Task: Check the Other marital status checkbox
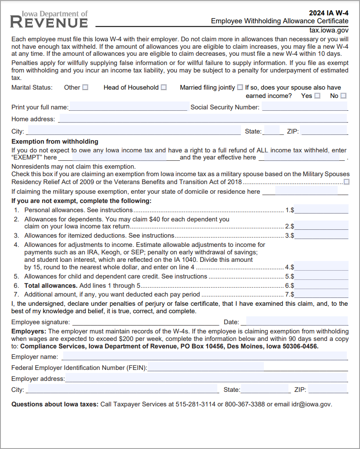pos(85,87)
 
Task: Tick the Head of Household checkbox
pos(164,87)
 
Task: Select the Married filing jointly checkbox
pos(240,87)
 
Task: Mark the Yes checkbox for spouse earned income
pos(317,96)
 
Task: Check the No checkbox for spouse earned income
pos(343,96)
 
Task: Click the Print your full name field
pos(129,107)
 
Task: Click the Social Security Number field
pos(305,107)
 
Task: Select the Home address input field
pos(202,119)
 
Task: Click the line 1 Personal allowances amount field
pos(321,210)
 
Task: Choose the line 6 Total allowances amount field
pos(321,285)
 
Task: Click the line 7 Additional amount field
pos(321,294)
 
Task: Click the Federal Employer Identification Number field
pos(205,367)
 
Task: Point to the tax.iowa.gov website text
pos(329,30)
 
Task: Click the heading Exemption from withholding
pos(55,141)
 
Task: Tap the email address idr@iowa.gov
pos(312,404)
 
